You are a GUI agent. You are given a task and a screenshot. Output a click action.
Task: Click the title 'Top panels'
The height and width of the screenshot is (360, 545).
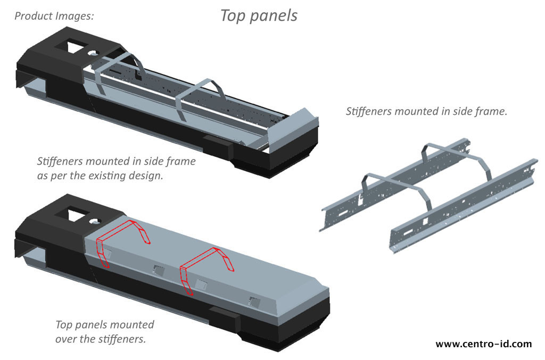click(x=259, y=16)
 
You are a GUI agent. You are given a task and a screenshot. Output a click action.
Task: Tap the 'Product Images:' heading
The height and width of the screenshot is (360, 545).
click(x=54, y=16)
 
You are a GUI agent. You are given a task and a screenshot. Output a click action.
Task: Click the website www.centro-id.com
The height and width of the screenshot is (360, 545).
click(x=483, y=344)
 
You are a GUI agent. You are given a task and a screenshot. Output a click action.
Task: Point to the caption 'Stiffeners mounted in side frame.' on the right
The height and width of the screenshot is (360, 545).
click(x=426, y=111)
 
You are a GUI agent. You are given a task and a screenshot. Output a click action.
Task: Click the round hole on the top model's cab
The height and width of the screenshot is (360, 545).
click(x=93, y=54)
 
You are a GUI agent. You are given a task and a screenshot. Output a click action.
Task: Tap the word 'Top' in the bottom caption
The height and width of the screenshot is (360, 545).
click(x=64, y=325)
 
